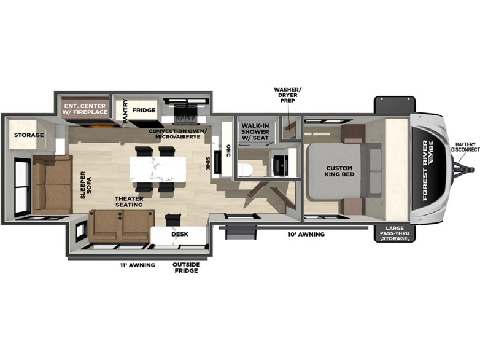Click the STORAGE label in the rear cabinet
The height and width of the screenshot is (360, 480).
click(x=29, y=135)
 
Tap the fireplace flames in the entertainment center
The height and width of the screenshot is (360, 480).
click(x=98, y=126)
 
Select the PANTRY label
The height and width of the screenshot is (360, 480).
click(x=125, y=111)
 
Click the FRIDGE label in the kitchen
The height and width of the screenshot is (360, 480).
click(x=144, y=110)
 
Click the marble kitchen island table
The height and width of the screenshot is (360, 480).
click(x=158, y=170)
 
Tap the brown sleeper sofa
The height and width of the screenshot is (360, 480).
click(x=52, y=185)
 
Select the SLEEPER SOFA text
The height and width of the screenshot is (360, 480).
click(x=86, y=185)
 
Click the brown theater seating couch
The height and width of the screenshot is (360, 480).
click(x=122, y=225)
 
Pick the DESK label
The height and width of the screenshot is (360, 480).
click(x=180, y=234)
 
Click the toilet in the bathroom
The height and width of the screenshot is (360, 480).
click(x=244, y=170)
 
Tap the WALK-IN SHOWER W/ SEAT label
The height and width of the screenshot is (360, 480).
click(x=255, y=131)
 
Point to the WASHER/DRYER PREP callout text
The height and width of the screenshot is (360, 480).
click(x=287, y=95)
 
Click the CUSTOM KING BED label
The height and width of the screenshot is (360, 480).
click(x=339, y=171)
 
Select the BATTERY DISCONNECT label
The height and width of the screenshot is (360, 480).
click(x=465, y=147)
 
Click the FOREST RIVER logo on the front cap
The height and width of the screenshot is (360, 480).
click(x=428, y=170)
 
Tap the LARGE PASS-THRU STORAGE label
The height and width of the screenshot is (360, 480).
click(x=395, y=233)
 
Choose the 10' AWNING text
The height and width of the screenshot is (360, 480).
click(x=306, y=235)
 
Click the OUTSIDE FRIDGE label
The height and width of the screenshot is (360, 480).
click(x=186, y=267)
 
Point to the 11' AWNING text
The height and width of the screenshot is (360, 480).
click(x=137, y=265)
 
